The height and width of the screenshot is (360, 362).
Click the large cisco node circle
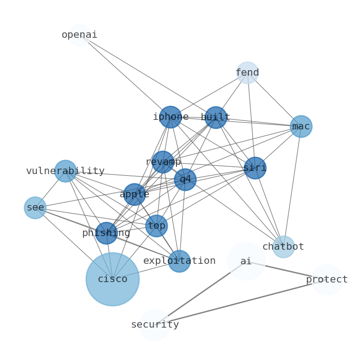click(x=112, y=279)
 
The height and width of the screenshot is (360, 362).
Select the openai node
click(x=79, y=35)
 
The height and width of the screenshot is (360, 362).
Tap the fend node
click(x=247, y=72)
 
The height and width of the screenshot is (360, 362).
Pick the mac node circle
click(x=301, y=126)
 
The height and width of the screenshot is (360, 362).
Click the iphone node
click(x=171, y=117)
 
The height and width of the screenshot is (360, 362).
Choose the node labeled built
click(x=216, y=118)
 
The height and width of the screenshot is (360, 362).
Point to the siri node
click(x=255, y=168)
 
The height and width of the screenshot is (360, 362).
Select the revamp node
click(x=163, y=162)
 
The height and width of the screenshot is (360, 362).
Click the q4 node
click(x=185, y=180)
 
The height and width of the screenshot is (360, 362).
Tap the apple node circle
click(x=134, y=194)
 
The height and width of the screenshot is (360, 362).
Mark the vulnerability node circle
click(x=66, y=171)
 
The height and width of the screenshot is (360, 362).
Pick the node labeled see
click(x=35, y=208)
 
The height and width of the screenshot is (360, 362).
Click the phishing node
click(x=106, y=233)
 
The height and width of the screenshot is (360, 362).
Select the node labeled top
click(x=156, y=226)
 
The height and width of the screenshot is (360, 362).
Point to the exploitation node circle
click(x=179, y=261)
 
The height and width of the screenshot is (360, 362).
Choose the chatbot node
click(x=284, y=247)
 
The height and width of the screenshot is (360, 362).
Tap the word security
click(x=155, y=325)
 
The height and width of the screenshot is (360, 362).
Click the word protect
click(x=327, y=280)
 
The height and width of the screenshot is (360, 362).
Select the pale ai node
click(x=246, y=261)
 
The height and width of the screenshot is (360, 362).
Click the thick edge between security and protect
click(x=241, y=302)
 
